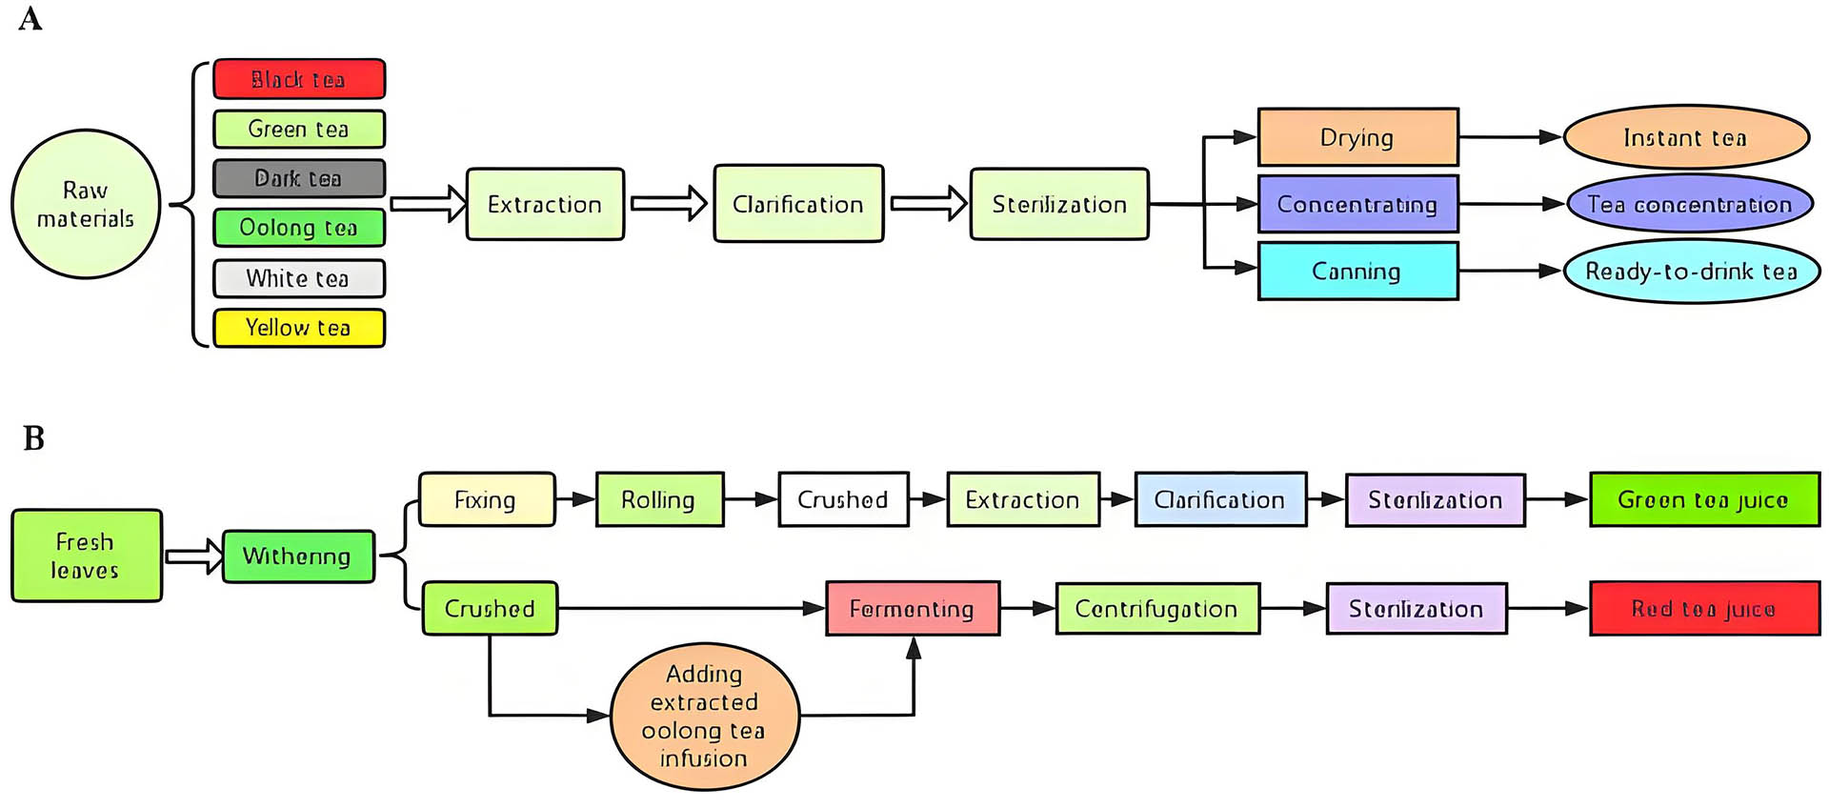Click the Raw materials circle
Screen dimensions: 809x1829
(86, 204)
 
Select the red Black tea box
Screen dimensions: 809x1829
(299, 79)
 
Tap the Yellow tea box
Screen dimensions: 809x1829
(299, 328)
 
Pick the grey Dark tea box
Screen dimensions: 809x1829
(299, 178)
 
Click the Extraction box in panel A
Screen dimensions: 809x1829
(545, 204)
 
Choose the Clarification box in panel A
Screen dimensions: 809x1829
(798, 204)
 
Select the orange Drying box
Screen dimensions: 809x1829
(1357, 137)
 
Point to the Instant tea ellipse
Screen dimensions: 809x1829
(1685, 137)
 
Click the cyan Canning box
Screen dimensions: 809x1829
(1357, 272)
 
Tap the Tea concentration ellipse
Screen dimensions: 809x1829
(1689, 204)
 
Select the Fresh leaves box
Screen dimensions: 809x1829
(87, 556)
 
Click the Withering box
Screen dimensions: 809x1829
(298, 556)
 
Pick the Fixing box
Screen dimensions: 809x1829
(487, 499)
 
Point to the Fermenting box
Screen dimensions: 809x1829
(912, 608)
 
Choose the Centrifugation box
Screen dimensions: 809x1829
(1156, 608)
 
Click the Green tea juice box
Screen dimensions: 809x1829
(1703, 499)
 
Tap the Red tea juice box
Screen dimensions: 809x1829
(1703, 608)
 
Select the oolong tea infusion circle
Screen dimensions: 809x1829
(704, 717)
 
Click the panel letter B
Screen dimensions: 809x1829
(33, 438)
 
